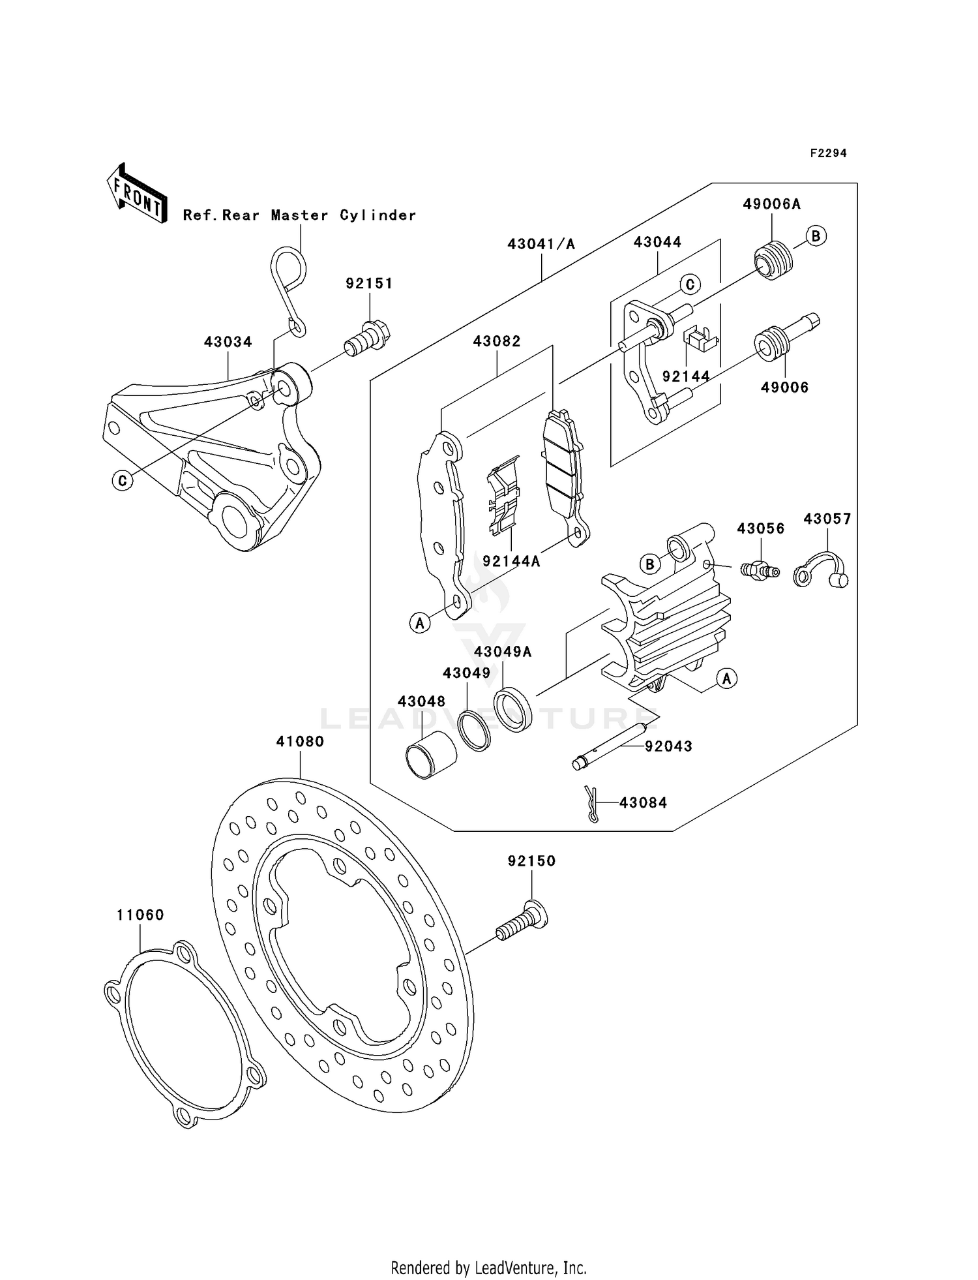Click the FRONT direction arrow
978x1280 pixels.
137,194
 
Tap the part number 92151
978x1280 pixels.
369,283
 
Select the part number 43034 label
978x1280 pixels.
228,342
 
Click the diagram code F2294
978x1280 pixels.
828,153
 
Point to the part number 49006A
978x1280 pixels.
771,204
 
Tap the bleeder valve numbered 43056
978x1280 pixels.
760,569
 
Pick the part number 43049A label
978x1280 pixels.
503,652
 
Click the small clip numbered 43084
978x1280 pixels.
591,804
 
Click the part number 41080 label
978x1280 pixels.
300,742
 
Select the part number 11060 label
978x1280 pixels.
140,915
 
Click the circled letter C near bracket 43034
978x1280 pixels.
122,481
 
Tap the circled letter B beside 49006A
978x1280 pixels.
816,236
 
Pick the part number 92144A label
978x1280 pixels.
511,561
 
